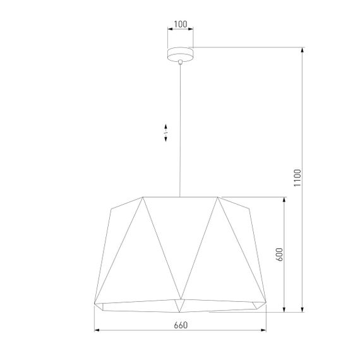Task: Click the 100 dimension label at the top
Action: (x=181, y=25)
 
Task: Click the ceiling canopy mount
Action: (x=181, y=54)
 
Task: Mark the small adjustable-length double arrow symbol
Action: (x=165, y=133)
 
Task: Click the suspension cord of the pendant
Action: (x=181, y=126)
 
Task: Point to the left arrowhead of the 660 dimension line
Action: (x=97, y=330)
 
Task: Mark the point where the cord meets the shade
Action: (x=181, y=196)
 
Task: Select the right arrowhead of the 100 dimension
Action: (x=193, y=30)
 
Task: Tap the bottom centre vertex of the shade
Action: (x=181, y=311)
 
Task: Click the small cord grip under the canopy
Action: (x=181, y=62)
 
